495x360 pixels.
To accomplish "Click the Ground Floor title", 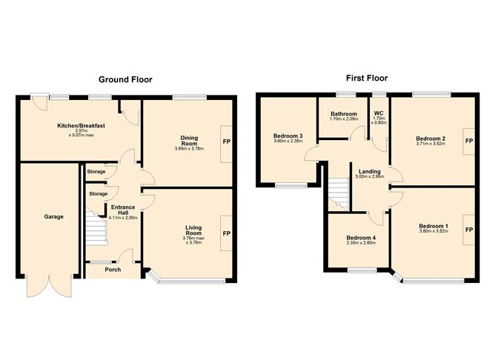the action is (125, 79).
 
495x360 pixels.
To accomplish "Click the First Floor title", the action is (367, 78).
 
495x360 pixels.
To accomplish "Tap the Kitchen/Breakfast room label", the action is (81, 126).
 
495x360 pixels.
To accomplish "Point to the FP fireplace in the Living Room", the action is (226, 233).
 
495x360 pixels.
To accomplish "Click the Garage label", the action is (53, 217).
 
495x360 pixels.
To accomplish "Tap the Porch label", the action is (113, 270).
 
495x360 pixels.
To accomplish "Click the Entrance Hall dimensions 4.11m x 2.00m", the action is (123, 218).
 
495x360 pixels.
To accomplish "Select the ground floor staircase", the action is (96, 227).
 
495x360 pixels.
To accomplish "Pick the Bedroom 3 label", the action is (288, 136).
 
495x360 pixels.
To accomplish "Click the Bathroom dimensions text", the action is (344, 119).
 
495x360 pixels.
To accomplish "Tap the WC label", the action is (379, 113).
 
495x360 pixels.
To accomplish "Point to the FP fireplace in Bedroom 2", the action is (469, 141).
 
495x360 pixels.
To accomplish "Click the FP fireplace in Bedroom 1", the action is (469, 230).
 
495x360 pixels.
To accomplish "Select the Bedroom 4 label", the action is (361, 238).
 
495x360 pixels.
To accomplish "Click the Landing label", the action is (369, 172).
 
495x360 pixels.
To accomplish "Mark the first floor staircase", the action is (339, 195).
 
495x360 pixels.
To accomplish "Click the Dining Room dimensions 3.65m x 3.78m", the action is (189, 148).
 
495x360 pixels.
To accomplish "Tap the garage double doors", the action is (49, 286).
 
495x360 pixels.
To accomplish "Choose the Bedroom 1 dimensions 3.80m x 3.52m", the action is (433, 231).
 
